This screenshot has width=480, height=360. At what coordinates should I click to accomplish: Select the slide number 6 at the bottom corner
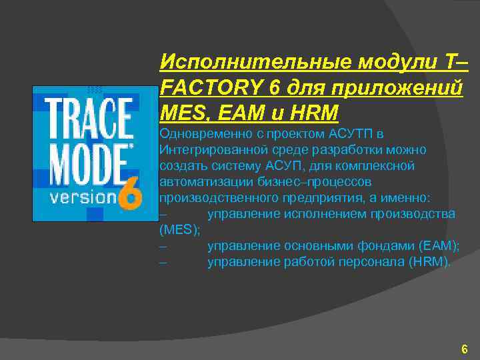point(464,349)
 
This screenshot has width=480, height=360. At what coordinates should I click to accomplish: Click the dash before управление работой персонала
point(163,263)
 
